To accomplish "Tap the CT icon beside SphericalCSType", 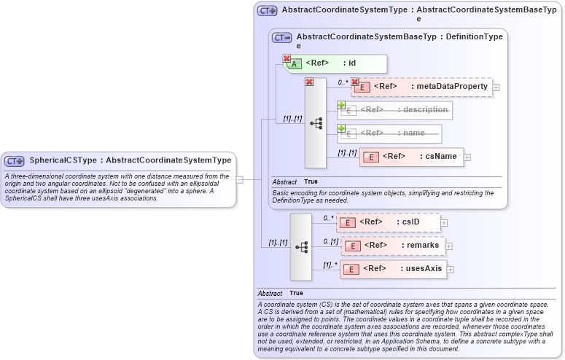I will (x=15, y=160).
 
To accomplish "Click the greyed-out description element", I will (x=394, y=110).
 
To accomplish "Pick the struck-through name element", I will (x=389, y=133).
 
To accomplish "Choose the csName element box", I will (x=412, y=157).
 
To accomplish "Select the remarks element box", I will (x=394, y=246).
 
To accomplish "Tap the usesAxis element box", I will (x=394, y=269).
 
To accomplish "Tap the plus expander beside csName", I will (x=467, y=157).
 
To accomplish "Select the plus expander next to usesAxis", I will (x=450, y=270).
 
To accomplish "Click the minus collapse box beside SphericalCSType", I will (x=239, y=179).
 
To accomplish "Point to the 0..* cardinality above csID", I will (x=328, y=218).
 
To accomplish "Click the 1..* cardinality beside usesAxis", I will (x=330, y=265).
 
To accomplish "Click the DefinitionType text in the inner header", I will (x=474, y=36).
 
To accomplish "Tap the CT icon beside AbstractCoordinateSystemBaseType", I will (x=281, y=37).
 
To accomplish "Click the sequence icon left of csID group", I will (x=301, y=247).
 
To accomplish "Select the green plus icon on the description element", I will (x=341, y=106).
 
